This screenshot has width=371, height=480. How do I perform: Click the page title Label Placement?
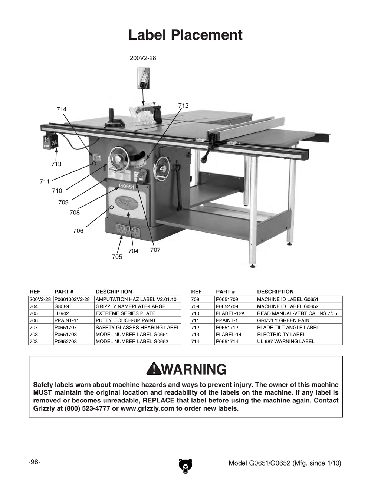tap(185, 35)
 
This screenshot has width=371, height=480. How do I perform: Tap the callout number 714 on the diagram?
tap(62, 109)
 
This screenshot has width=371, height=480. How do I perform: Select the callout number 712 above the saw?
tap(183, 106)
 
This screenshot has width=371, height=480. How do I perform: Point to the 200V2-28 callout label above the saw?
tap(143, 58)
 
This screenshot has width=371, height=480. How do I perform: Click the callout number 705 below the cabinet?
tap(117, 257)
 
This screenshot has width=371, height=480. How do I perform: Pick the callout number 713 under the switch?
tap(56, 164)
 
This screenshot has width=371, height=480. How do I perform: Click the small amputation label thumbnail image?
tap(143, 78)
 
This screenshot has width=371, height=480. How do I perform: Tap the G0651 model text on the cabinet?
tap(127, 187)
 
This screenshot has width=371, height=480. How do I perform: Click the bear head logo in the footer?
tap(185, 466)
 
